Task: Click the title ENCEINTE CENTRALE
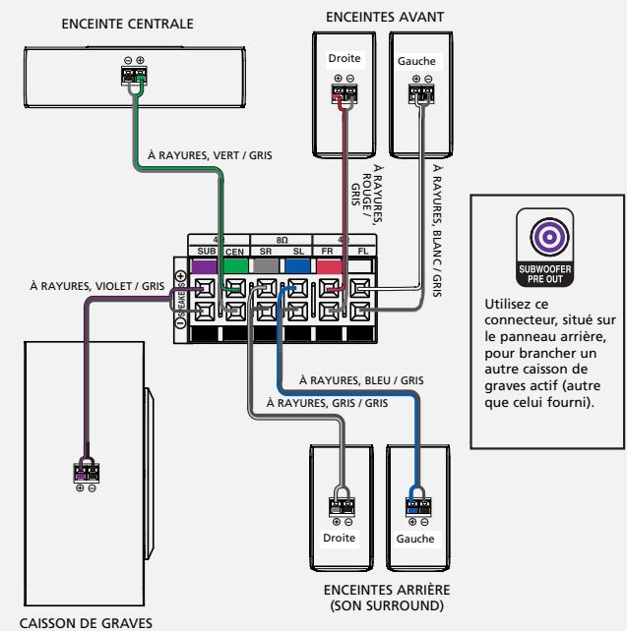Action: (127, 24)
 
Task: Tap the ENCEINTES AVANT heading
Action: (385, 17)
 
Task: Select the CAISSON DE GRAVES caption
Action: (86, 623)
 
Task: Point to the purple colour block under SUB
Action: (205, 266)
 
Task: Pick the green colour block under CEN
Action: (235, 266)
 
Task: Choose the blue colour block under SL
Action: (297, 266)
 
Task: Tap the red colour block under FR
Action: (329, 266)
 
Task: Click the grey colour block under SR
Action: (266, 266)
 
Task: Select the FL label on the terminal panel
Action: (363, 251)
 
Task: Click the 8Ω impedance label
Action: (282, 240)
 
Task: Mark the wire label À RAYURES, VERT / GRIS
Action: (210, 155)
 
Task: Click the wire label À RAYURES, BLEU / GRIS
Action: (361, 380)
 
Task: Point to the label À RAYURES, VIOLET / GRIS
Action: (97, 286)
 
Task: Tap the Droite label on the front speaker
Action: (345, 58)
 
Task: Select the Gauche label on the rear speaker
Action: (415, 539)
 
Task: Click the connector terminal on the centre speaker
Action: (134, 76)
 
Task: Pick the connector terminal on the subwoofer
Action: (87, 474)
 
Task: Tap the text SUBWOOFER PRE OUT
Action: (544, 274)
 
